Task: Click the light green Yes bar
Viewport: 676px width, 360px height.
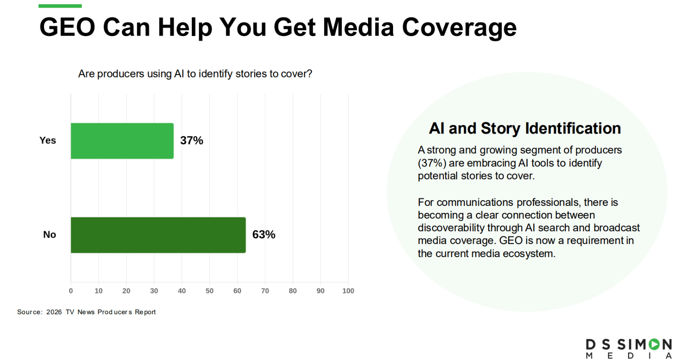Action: tap(122, 141)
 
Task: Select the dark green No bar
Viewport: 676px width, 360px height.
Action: tap(158, 235)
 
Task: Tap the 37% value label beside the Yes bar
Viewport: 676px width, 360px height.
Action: tap(191, 141)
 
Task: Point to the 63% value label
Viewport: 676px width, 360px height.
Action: tap(264, 235)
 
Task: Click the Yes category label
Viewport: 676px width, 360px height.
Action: tap(48, 140)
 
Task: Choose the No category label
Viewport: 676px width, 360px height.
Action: tap(50, 235)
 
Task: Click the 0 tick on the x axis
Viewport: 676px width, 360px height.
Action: tap(71, 291)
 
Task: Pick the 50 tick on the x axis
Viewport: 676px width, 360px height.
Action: tap(209, 291)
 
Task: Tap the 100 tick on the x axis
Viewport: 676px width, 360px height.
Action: tap(348, 291)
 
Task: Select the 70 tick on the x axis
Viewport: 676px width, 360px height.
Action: tap(265, 291)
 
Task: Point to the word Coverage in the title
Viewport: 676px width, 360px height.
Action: tap(459, 28)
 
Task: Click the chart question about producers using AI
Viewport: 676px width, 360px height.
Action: tap(195, 74)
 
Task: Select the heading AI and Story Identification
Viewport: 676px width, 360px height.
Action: tap(525, 128)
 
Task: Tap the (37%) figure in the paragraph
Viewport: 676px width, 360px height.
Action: tap(432, 163)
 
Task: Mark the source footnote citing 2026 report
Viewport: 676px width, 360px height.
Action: tap(86, 312)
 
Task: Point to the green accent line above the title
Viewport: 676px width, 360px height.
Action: tap(60, 6)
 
